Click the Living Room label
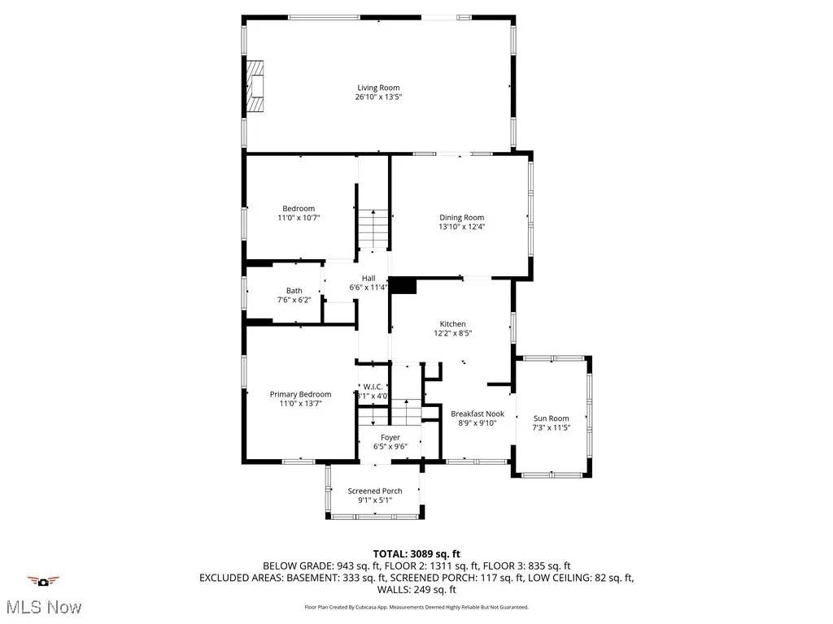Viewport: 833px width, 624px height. point(378,88)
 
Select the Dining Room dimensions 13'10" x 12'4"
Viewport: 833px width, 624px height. point(461,227)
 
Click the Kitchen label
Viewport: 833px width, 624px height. point(453,323)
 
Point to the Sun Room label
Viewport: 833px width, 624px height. point(551,418)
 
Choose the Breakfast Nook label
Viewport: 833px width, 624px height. point(478,414)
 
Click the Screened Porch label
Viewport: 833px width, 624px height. point(375,491)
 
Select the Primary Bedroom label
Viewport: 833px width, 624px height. point(300,394)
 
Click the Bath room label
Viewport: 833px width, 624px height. point(294,291)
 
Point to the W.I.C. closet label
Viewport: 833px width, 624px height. point(373,387)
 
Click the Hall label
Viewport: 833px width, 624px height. point(369,279)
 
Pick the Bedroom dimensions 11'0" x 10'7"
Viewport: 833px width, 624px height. point(298,218)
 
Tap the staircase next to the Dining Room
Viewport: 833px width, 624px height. point(373,228)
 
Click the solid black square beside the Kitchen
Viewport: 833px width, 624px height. point(403,285)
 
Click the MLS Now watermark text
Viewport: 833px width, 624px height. point(41,607)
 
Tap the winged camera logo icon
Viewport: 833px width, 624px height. point(43,581)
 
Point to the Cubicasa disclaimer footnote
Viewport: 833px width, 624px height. point(416,607)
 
